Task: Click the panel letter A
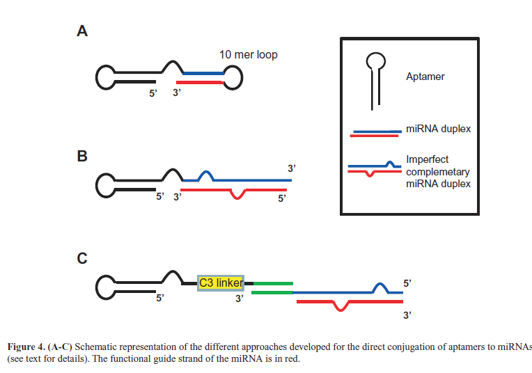point(82,31)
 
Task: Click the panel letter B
point(82,157)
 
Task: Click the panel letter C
point(82,259)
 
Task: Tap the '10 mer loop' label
point(248,54)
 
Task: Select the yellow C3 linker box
point(221,283)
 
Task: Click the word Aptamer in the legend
point(425,77)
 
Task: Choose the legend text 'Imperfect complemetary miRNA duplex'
point(438,171)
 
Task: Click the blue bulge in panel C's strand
point(380,287)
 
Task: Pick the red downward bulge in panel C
point(340,307)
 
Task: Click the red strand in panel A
point(201,83)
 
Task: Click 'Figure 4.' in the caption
point(28,347)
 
